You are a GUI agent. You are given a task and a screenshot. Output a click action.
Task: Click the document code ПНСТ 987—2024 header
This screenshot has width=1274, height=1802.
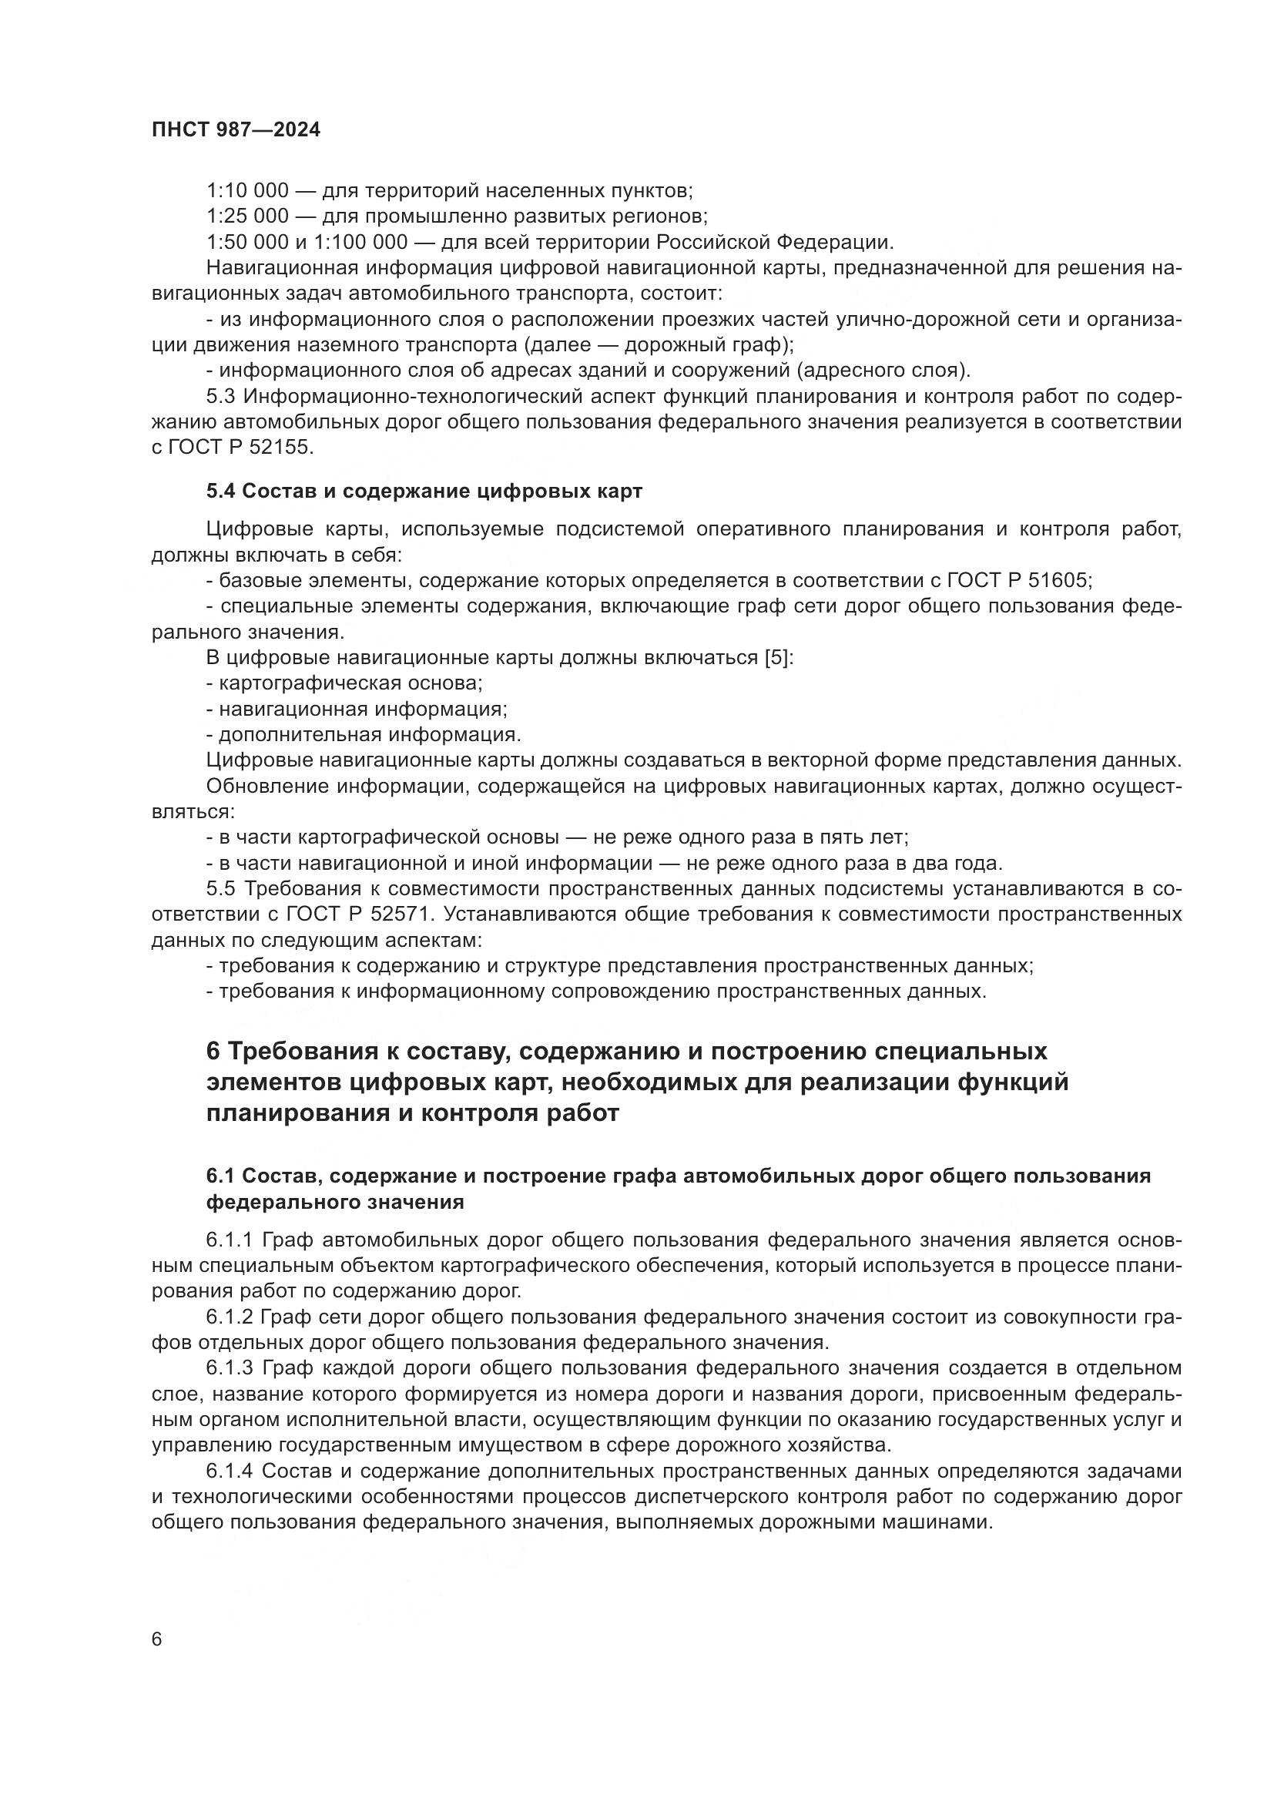(x=236, y=130)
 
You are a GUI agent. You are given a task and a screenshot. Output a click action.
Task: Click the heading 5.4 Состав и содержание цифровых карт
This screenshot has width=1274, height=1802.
(x=424, y=492)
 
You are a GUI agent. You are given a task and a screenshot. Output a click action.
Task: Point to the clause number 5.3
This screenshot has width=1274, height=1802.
(x=220, y=396)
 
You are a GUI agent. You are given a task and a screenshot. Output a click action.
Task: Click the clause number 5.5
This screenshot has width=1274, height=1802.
(x=220, y=889)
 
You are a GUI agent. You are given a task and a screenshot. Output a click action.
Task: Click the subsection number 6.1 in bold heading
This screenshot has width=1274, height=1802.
(x=220, y=1176)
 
